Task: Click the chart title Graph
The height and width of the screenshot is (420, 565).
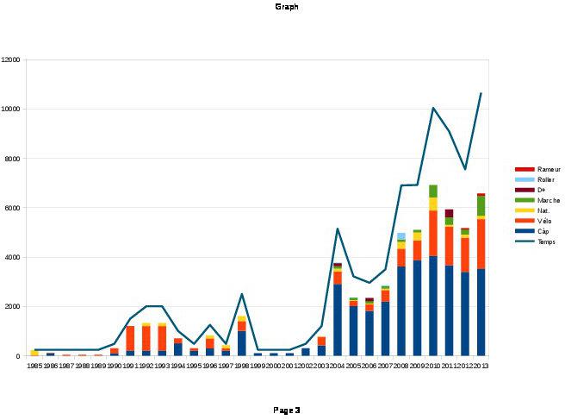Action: tap(287, 7)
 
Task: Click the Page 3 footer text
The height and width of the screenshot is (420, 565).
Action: tap(287, 410)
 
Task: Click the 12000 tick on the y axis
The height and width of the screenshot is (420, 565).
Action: tap(11, 60)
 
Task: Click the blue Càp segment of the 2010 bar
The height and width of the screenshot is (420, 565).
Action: tap(433, 306)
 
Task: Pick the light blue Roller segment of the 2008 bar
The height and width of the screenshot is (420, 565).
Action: tap(401, 235)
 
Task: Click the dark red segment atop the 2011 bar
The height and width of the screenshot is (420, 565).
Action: tap(449, 213)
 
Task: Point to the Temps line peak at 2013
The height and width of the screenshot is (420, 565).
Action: tap(481, 92)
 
